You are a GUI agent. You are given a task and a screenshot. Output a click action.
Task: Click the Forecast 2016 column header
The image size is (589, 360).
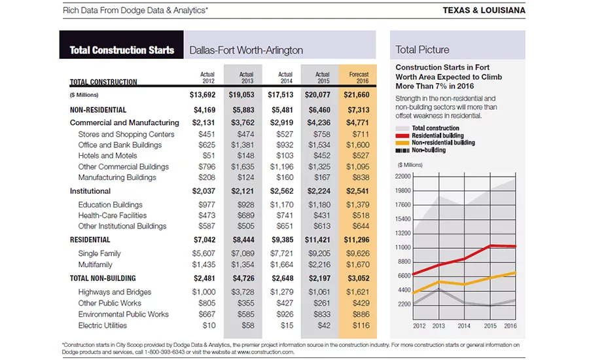359,77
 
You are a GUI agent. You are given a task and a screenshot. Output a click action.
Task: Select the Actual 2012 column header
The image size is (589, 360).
207,77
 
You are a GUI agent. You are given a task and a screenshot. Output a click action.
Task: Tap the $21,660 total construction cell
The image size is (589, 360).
357,95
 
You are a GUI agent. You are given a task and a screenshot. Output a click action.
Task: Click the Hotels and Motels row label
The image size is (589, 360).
107,156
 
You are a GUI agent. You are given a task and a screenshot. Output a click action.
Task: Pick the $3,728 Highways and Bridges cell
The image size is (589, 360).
243,292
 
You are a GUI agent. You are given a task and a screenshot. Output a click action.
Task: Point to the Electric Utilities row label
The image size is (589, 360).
103,325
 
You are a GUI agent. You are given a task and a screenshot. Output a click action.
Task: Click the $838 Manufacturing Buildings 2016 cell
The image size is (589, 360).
361,177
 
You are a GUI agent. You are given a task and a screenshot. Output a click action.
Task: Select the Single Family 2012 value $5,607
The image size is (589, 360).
204,254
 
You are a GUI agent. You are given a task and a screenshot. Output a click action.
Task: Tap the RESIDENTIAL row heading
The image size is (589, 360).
90,240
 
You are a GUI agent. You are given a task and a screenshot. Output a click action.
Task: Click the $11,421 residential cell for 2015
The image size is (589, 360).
317,240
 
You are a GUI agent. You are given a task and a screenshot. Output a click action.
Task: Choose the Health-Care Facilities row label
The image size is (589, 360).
113,215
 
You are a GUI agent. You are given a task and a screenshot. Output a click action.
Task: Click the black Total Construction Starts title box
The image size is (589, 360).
121,45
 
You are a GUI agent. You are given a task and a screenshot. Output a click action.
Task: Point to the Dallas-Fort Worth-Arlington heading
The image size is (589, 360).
246,50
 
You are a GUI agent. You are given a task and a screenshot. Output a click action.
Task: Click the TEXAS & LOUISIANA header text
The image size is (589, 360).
484,10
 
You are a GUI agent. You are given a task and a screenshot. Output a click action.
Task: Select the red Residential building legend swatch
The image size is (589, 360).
402,135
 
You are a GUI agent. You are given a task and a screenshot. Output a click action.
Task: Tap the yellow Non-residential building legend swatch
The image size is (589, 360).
402,143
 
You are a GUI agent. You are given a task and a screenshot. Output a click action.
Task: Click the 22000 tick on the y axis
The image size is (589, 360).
402,176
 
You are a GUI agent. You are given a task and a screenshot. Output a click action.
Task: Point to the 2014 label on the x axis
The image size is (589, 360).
464,326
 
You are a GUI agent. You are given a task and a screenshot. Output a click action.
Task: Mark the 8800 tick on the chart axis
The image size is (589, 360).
404,262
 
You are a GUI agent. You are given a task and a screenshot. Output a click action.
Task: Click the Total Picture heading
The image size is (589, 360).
422,50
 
